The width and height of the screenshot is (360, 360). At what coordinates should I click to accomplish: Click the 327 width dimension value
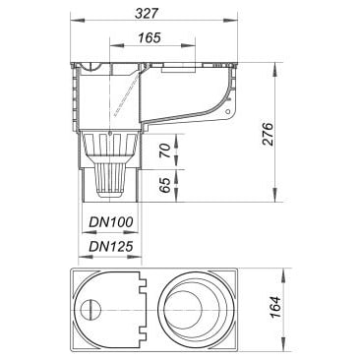click(x=147, y=13)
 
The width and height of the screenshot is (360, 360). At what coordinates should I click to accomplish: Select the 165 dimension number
click(x=150, y=37)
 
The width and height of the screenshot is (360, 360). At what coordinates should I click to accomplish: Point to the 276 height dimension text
click(x=268, y=134)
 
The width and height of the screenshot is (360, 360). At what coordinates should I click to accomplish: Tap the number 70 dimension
click(x=167, y=151)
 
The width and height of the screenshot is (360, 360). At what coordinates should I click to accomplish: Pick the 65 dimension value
click(x=167, y=186)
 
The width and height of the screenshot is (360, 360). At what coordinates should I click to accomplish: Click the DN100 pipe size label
click(x=111, y=222)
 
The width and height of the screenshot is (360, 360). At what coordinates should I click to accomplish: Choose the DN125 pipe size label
click(x=111, y=246)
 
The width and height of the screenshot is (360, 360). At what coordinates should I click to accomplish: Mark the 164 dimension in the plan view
click(x=276, y=307)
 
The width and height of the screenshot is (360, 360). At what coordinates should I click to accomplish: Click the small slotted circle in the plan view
click(x=90, y=310)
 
